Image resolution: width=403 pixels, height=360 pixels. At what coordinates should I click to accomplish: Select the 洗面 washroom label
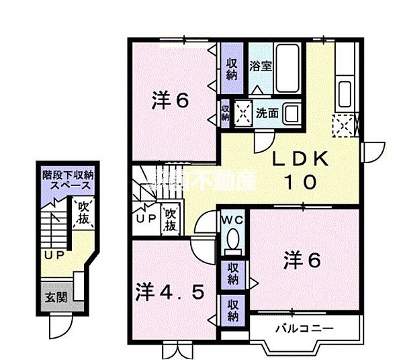point(267,113)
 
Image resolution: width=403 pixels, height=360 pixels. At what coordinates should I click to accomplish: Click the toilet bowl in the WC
point(232,240)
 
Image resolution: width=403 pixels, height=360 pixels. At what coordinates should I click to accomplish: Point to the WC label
point(232,219)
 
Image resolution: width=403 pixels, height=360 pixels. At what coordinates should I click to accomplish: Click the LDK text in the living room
point(300,160)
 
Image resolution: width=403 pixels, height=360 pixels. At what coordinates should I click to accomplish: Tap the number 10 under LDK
point(300,183)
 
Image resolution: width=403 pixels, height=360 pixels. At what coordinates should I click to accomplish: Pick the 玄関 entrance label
point(55,296)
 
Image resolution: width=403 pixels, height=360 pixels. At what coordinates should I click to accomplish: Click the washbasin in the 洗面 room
point(292,112)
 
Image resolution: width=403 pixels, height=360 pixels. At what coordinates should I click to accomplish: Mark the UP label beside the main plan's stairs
point(146,219)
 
